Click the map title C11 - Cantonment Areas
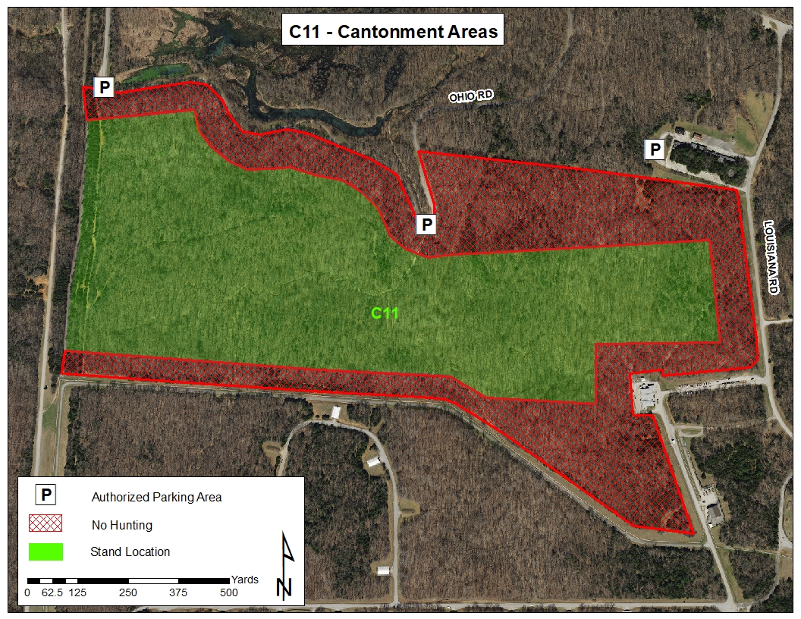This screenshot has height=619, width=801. point(394,31)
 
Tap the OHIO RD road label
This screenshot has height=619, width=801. point(471,96)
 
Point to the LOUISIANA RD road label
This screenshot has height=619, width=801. point(772,258)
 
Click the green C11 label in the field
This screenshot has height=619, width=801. point(385,313)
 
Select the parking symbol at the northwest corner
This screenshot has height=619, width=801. point(103,87)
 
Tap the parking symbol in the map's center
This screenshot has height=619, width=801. point(426,224)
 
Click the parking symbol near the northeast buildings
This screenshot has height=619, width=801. point(655,149)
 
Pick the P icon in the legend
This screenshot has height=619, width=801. point(46,496)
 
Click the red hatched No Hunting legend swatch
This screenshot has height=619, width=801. point(46,524)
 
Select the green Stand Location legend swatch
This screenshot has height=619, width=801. point(46,551)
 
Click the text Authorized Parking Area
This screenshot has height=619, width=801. point(156,498)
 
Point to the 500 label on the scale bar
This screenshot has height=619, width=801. point(228,592)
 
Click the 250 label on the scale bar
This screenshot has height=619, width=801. point(127,592)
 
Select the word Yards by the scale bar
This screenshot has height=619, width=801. point(244,580)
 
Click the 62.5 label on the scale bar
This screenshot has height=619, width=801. point(52,592)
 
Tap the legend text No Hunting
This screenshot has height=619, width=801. point(121,525)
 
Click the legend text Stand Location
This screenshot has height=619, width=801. point(130,551)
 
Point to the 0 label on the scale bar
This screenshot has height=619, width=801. point(27,592)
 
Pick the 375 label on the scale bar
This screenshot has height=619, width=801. point(177,592)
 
